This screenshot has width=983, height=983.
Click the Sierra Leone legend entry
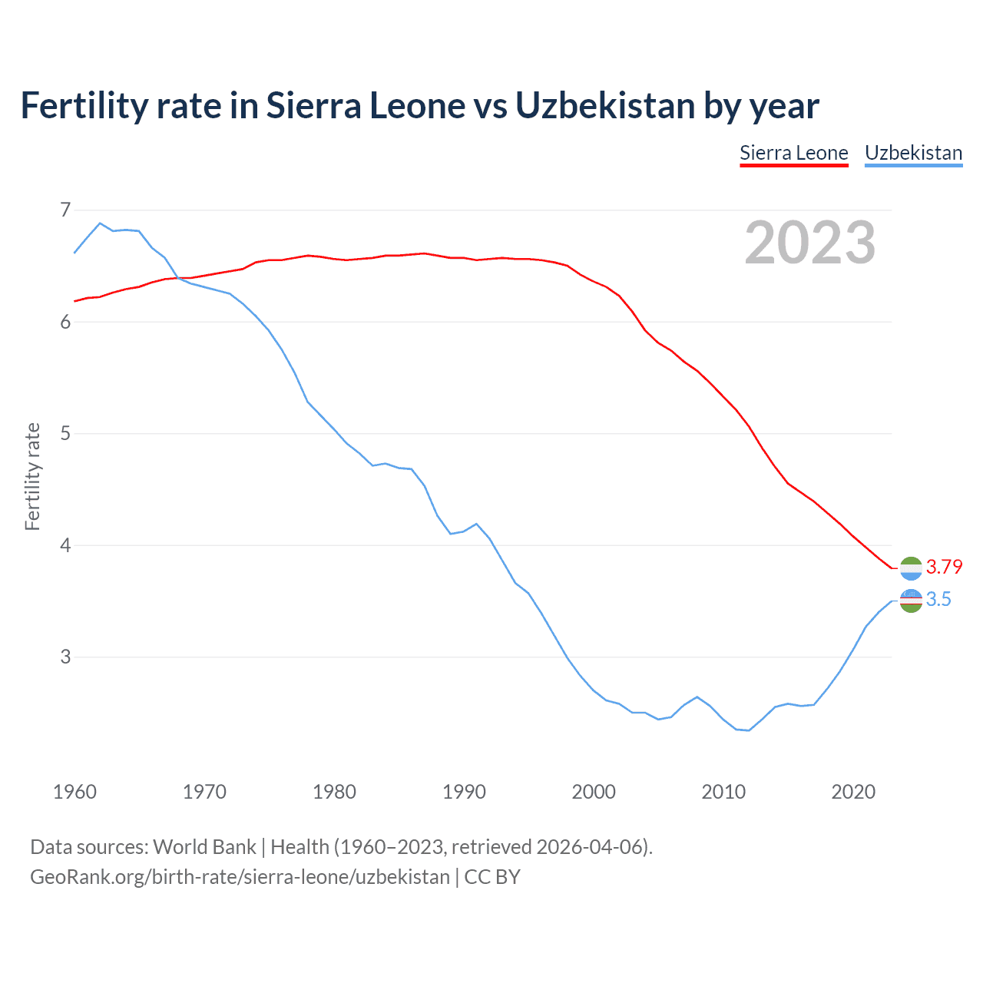point(793,153)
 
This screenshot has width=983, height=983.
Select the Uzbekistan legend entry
point(913,153)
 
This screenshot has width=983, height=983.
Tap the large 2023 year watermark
point(809,243)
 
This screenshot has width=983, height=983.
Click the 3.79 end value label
point(944,567)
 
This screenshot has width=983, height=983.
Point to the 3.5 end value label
point(938,599)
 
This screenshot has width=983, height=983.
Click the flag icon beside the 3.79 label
point(911,568)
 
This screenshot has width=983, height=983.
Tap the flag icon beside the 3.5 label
point(911,601)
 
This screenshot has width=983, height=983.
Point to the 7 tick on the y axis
point(65,210)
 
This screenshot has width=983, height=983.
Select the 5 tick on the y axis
point(65,433)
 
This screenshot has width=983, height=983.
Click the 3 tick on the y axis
point(65,657)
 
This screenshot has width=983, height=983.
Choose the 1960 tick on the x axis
point(74,792)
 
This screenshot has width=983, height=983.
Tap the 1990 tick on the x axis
point(464,792)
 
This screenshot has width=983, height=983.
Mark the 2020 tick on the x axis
point(853,792)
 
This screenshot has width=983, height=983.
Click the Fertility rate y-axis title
point(32,476)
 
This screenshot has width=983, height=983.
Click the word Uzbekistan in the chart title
point(605,105)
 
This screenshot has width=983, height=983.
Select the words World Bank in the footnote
point(204,847)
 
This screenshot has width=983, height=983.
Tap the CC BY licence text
point(492,877)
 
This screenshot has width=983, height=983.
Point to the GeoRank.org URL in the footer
point(240,877)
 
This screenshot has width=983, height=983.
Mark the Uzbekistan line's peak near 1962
point(100,223)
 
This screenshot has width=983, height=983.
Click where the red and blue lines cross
point(178,278)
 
